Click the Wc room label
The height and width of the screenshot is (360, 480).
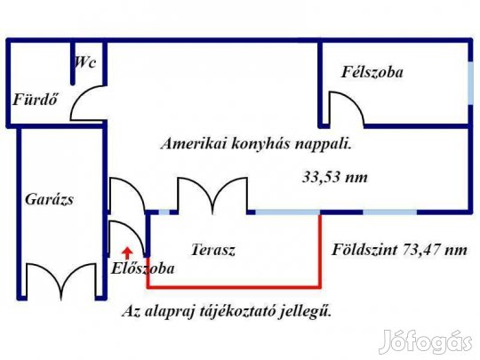click(85, 62)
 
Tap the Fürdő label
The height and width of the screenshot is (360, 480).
click(36, 100)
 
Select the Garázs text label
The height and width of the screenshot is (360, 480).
click(49, 199)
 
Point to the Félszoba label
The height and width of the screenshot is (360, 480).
click(372, 72)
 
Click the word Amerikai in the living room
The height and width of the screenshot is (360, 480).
click(194, 144)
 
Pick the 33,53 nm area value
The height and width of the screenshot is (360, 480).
click(335, 177)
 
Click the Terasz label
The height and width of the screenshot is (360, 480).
click(213, 250)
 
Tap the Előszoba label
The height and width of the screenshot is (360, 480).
click(142, 268)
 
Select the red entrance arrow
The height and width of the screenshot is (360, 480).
click(127, 252)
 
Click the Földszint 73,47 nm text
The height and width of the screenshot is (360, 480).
click(399, 250)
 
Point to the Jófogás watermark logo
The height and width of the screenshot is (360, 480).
click(426, 341)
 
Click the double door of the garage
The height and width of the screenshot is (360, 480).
click(61, 281)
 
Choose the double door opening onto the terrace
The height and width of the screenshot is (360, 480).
click(212, 195)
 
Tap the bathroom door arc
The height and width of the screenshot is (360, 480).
click(88, 103)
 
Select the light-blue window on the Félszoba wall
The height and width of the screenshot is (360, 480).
click(470, 84)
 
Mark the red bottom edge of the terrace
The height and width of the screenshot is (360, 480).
click(234, 287)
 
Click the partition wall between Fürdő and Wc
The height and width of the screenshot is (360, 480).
click(73, 62)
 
